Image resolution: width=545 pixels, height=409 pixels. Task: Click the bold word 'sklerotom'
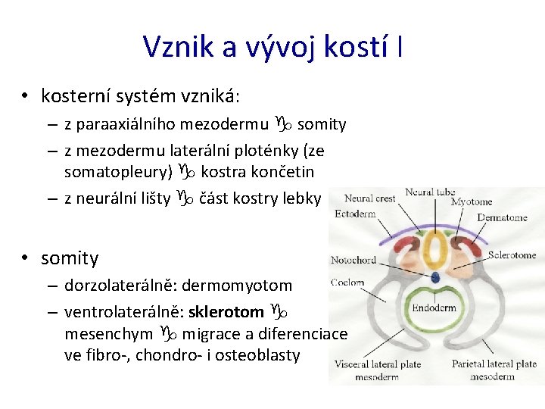226,311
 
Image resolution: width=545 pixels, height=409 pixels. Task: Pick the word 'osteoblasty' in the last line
260,355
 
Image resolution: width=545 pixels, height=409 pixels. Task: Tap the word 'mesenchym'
110,333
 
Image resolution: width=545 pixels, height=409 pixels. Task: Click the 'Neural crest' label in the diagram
370,198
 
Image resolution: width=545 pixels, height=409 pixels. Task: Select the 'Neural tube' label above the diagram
430,192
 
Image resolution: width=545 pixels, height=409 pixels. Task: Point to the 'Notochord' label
353,261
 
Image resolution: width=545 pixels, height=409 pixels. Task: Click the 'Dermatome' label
502,217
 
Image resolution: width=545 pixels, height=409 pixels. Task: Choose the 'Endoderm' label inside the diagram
434,308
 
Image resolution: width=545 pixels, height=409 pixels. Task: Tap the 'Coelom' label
347,283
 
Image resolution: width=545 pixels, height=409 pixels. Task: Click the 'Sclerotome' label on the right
511,255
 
